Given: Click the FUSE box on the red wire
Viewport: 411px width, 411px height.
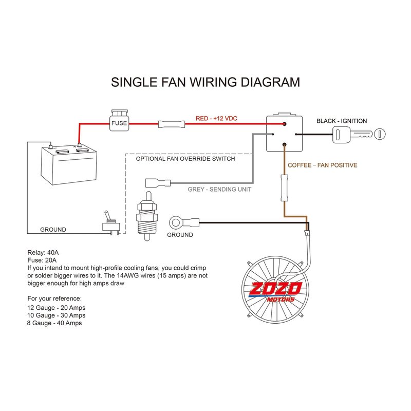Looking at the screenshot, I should tap(119, 122).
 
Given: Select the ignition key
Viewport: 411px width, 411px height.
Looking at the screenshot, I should tap(359, 135).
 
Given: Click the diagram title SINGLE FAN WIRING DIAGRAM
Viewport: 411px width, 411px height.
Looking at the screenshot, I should tap(206, 82).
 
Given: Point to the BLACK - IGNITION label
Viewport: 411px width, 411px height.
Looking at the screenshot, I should tap(342, 121).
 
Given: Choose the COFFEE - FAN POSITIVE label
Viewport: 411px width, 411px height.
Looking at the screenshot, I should tap(322, 165).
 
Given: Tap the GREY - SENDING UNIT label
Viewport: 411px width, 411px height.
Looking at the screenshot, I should tap(219, 189).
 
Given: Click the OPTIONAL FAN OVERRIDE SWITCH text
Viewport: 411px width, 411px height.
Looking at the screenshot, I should tap(185, 159).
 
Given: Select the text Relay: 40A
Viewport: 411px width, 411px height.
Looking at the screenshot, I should tap(43, 253).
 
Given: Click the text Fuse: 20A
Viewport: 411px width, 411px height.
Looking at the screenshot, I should tap(42, 260).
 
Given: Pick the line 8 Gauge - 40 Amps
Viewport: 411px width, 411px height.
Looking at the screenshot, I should tap(54, 323).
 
